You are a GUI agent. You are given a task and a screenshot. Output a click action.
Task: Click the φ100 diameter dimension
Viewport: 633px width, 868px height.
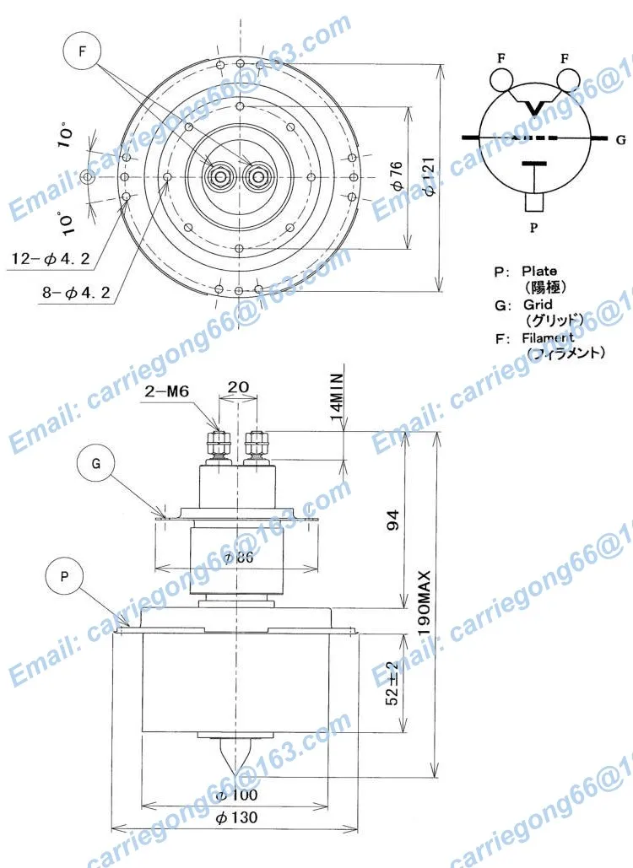(x=236, y=795)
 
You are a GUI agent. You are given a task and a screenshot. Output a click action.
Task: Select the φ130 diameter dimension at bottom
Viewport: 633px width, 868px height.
(x=236, y=817)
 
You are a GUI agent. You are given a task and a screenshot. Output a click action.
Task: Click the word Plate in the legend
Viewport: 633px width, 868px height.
(x=539, y=272)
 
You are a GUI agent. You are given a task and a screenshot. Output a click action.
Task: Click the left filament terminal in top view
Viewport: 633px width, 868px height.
(x=222, y=176)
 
